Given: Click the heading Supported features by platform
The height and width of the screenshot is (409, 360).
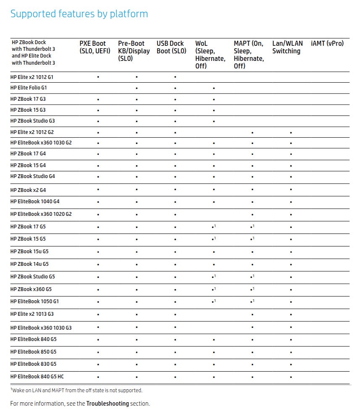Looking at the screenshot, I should [79, 14].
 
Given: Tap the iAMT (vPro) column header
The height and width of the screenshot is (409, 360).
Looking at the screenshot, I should [327, 43].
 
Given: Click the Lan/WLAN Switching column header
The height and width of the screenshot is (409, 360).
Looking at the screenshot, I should [287, 47].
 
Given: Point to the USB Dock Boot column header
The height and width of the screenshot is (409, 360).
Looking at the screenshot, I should [171, 47].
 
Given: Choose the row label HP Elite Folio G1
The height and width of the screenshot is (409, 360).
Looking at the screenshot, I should [29, 88].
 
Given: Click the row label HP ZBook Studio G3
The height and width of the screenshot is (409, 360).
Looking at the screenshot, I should [32, 121].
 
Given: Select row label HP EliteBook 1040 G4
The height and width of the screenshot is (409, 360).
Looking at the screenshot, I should [35, 202].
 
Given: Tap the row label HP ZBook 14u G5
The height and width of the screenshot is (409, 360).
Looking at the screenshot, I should [29, 264].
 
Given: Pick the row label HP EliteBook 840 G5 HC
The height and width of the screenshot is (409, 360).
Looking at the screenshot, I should [37, 376].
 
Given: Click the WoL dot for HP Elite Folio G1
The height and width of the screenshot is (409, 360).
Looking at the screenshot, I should [214, 89].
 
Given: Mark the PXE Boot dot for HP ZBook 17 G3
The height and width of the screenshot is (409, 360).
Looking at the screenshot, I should [98, 100].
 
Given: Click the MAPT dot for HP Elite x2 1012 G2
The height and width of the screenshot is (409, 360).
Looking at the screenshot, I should [252, 133].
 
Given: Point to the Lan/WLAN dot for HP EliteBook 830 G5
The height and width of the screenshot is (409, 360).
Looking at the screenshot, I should [291, 364].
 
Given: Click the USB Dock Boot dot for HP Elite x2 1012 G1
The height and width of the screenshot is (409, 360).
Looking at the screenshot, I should [175, 77].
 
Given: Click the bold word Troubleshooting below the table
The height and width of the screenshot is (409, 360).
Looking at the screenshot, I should [108, 404].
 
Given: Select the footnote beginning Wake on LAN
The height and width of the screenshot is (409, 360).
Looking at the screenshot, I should [76, 391].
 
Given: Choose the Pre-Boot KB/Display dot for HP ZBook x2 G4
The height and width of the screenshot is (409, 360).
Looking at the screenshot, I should [137, 190].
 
